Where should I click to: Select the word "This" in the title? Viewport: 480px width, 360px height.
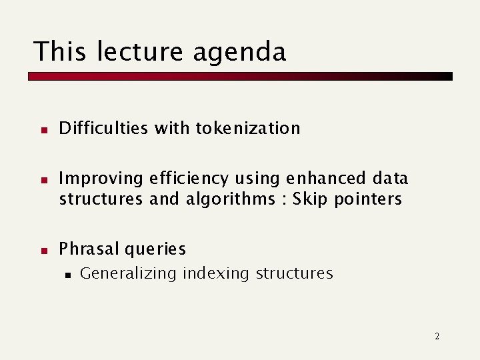pyautogui.click(x=60, y=52)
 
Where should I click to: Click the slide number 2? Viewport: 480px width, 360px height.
pyautogui.click(x=437, y=336)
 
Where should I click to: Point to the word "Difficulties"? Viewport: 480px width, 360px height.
pyautogui.click(x=104, y=128)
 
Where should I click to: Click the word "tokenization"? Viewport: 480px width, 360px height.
pyautogui.click(x=248, y=128)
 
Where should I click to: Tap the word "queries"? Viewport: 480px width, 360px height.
pyautogui.click(x=155, y=249)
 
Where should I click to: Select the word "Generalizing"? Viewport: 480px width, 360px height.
pyautogui.click(x=128, y=273)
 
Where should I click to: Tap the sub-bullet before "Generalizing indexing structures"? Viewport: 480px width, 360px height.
pyautogui.click(x=67, y=274)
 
